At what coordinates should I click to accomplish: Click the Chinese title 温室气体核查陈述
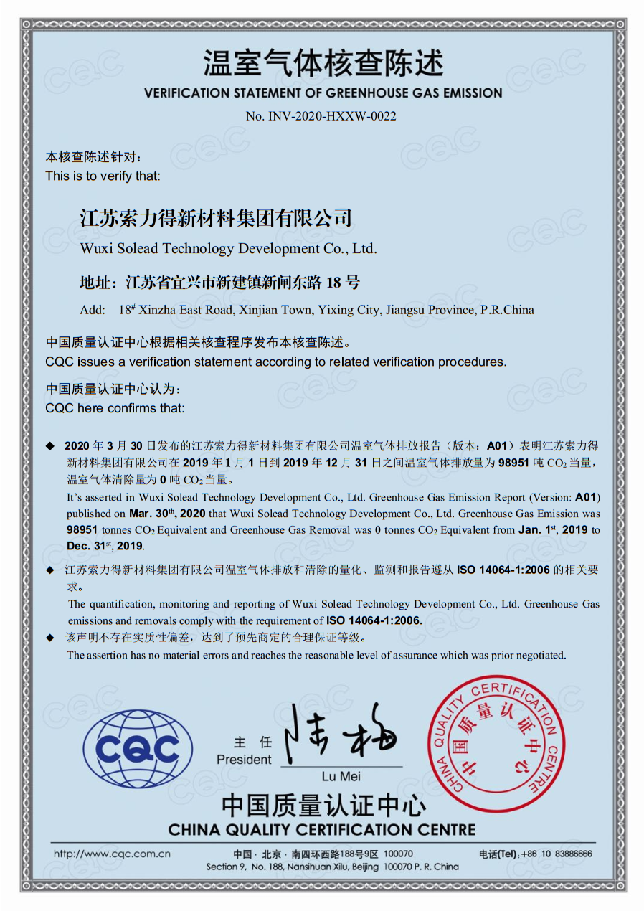(x=323, y=64)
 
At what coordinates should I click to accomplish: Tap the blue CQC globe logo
(x=138, y=749)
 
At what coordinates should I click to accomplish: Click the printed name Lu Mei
(x=341, y=777)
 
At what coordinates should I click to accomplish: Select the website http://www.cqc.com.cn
(x=112, y=854)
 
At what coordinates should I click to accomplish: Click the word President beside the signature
(x=244, y=760)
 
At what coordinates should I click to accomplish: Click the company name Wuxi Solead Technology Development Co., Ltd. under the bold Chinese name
(x=228, y=249)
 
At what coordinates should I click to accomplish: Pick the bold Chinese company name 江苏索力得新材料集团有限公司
(x=216, y=218)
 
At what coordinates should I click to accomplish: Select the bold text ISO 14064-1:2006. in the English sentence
(x=374, y=620)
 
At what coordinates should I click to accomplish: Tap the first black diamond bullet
(x=50, y=446)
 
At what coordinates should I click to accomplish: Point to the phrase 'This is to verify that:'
(x=103, y=176)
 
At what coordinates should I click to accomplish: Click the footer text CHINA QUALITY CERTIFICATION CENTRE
(x=322, y=830)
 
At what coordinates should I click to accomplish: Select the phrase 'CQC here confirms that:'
(x=115, y=408)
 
